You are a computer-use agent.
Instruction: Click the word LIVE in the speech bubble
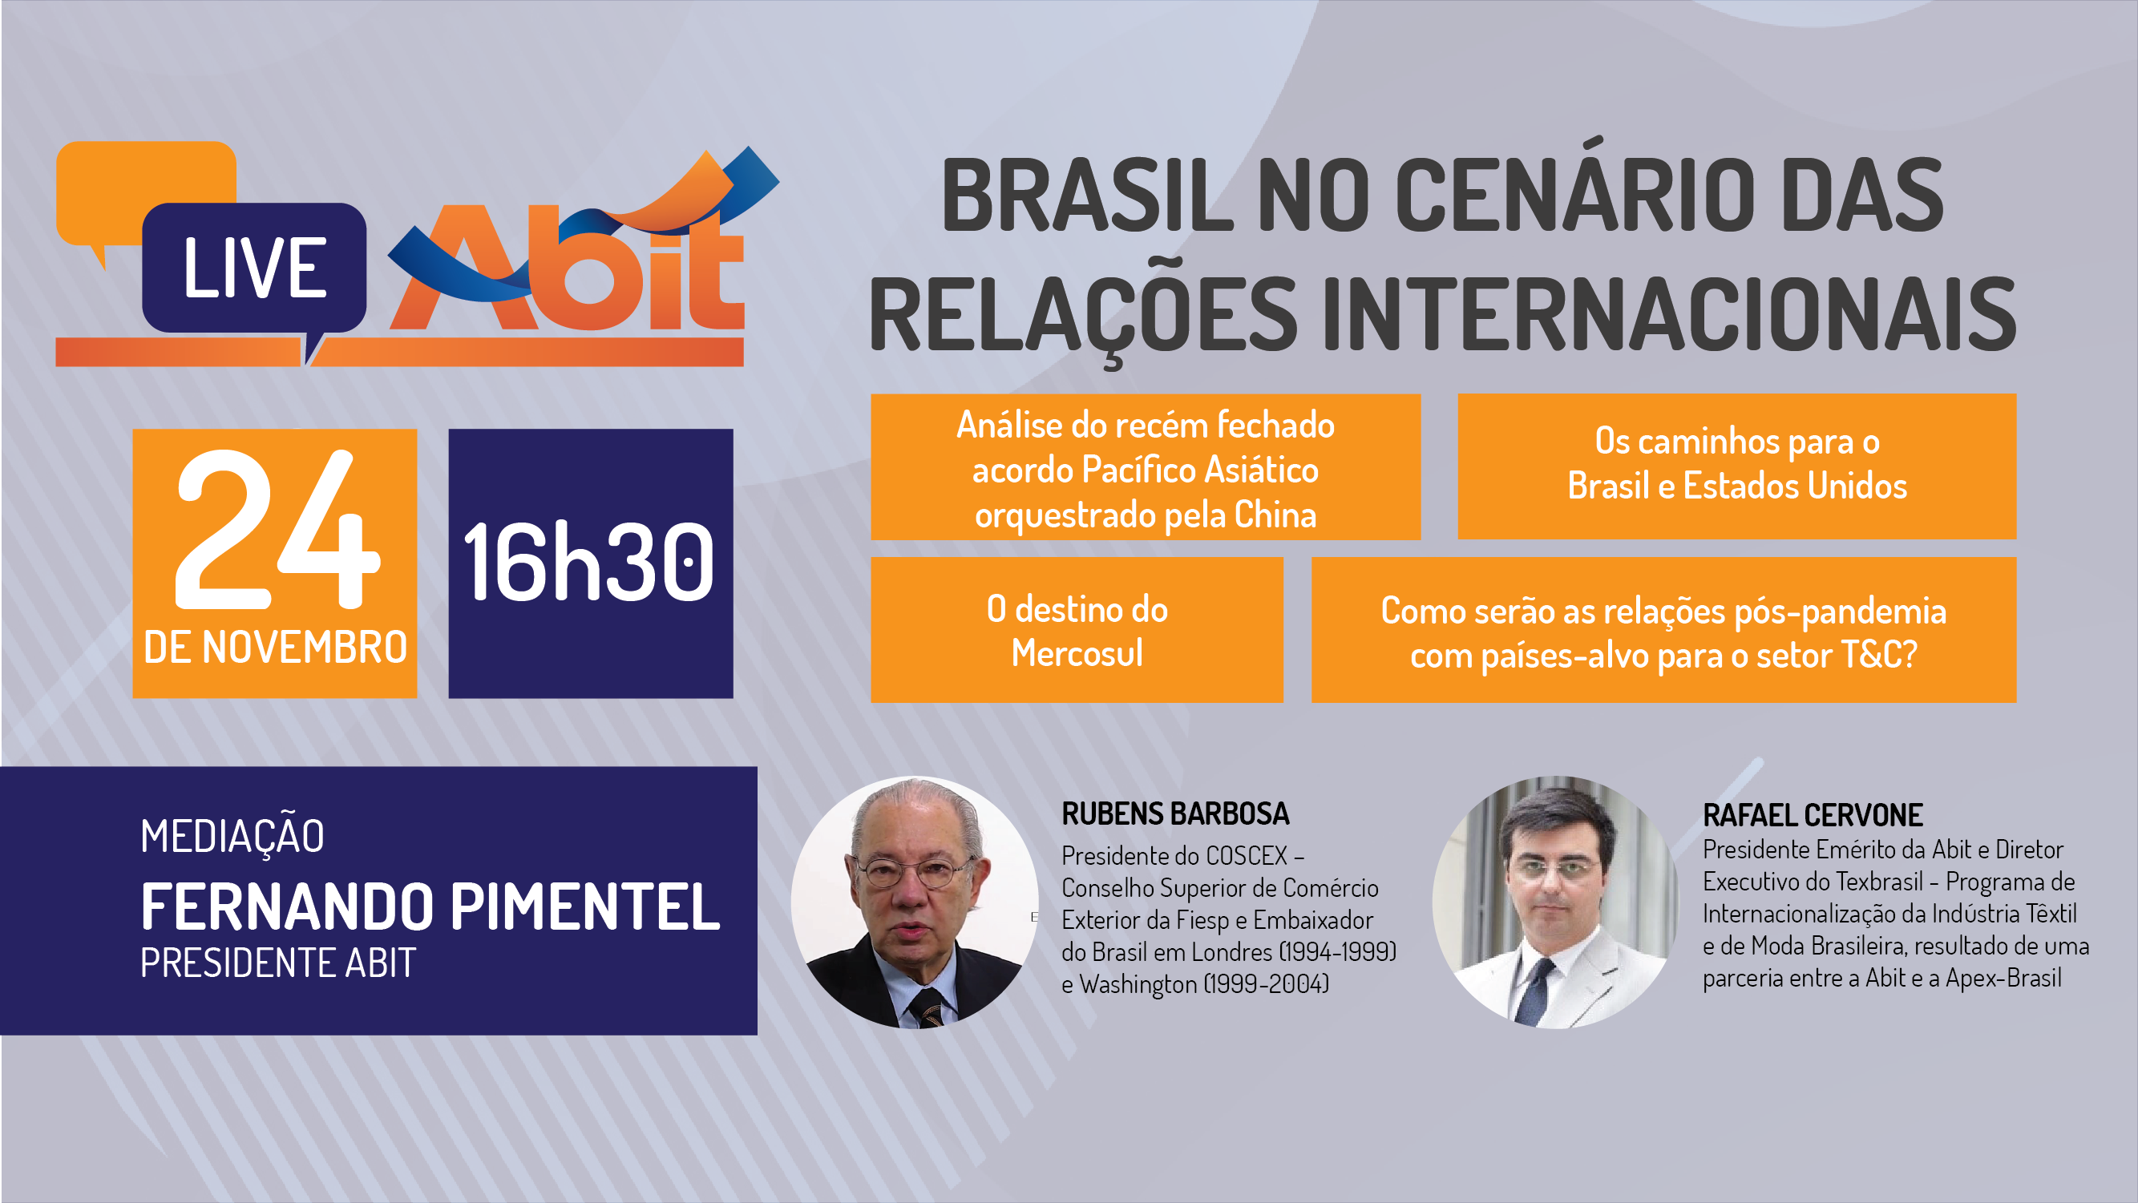pyautogui.click(x=255, y=267)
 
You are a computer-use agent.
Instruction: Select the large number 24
pyautogui.click(x=277, y=528)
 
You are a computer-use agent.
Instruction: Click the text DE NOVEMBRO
pyautogui.click(x=275, y=647)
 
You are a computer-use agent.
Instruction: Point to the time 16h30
pyautogui.click(x=589, y=562)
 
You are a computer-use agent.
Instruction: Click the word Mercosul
pyautogui.click(x=1077, y=653)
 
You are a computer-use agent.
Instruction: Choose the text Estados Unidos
pyautogui.click(x=1794, y=486)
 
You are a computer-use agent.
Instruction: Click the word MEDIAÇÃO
pyautogui.click(x=232, y=835)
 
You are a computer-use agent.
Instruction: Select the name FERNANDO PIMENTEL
pyautogui.click(x=430, y=906)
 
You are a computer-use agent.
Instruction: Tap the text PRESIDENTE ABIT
pyautogui.click(x=277, y=963)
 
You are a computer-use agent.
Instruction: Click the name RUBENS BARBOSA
pyautogui.click(x=1175, y=814)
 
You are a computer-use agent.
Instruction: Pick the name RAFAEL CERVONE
pyautogui.click(x=1813, y=816)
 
